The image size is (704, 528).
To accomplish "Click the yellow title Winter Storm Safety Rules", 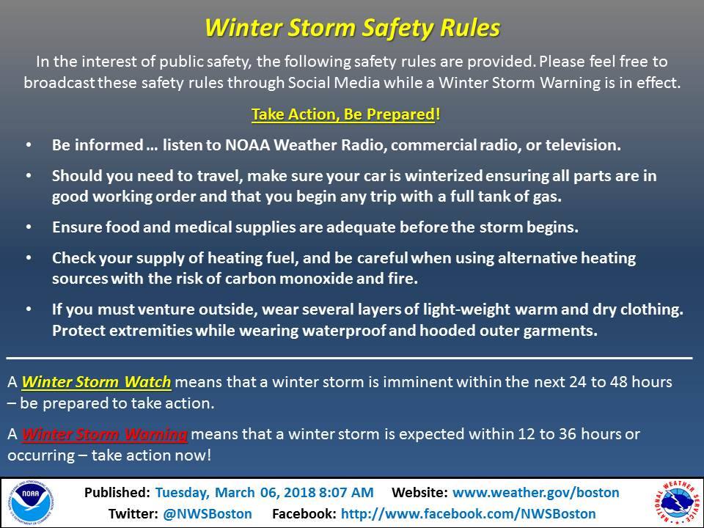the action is (x=352, y=28).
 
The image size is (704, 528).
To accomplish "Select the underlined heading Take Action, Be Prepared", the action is (x=343, y=114).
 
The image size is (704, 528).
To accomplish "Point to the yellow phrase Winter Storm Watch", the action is (x=96, y=382).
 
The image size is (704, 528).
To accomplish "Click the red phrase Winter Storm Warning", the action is (x=104, y=434).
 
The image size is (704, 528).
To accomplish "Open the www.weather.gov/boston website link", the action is (x=535, y=493).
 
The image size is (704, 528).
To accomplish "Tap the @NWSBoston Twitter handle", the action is (x=207, y=513).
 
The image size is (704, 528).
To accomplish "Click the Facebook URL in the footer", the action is (x=469, y=513).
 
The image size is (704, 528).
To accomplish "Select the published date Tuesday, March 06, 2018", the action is (x=235, y=493).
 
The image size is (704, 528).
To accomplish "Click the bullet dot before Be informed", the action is (x=29, y=145).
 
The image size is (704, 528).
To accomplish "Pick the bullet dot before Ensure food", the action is (x=29, y=227).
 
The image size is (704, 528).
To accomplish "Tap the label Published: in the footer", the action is (x=117, y=493).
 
